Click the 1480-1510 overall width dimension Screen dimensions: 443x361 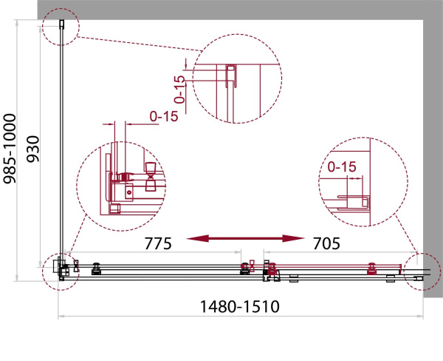coord(239,306)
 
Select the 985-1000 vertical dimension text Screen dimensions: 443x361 coord(10,149)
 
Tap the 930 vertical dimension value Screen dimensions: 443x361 coord(32,149)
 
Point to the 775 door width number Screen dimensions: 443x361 coord(158,243)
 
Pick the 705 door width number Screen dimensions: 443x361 coord(326,243)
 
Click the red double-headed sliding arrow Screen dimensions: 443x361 coord(245,238)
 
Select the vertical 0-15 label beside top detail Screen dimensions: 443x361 coord(179,90)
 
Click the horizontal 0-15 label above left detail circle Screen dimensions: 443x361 coord(164,116)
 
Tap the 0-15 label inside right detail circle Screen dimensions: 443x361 coord(342,166)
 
